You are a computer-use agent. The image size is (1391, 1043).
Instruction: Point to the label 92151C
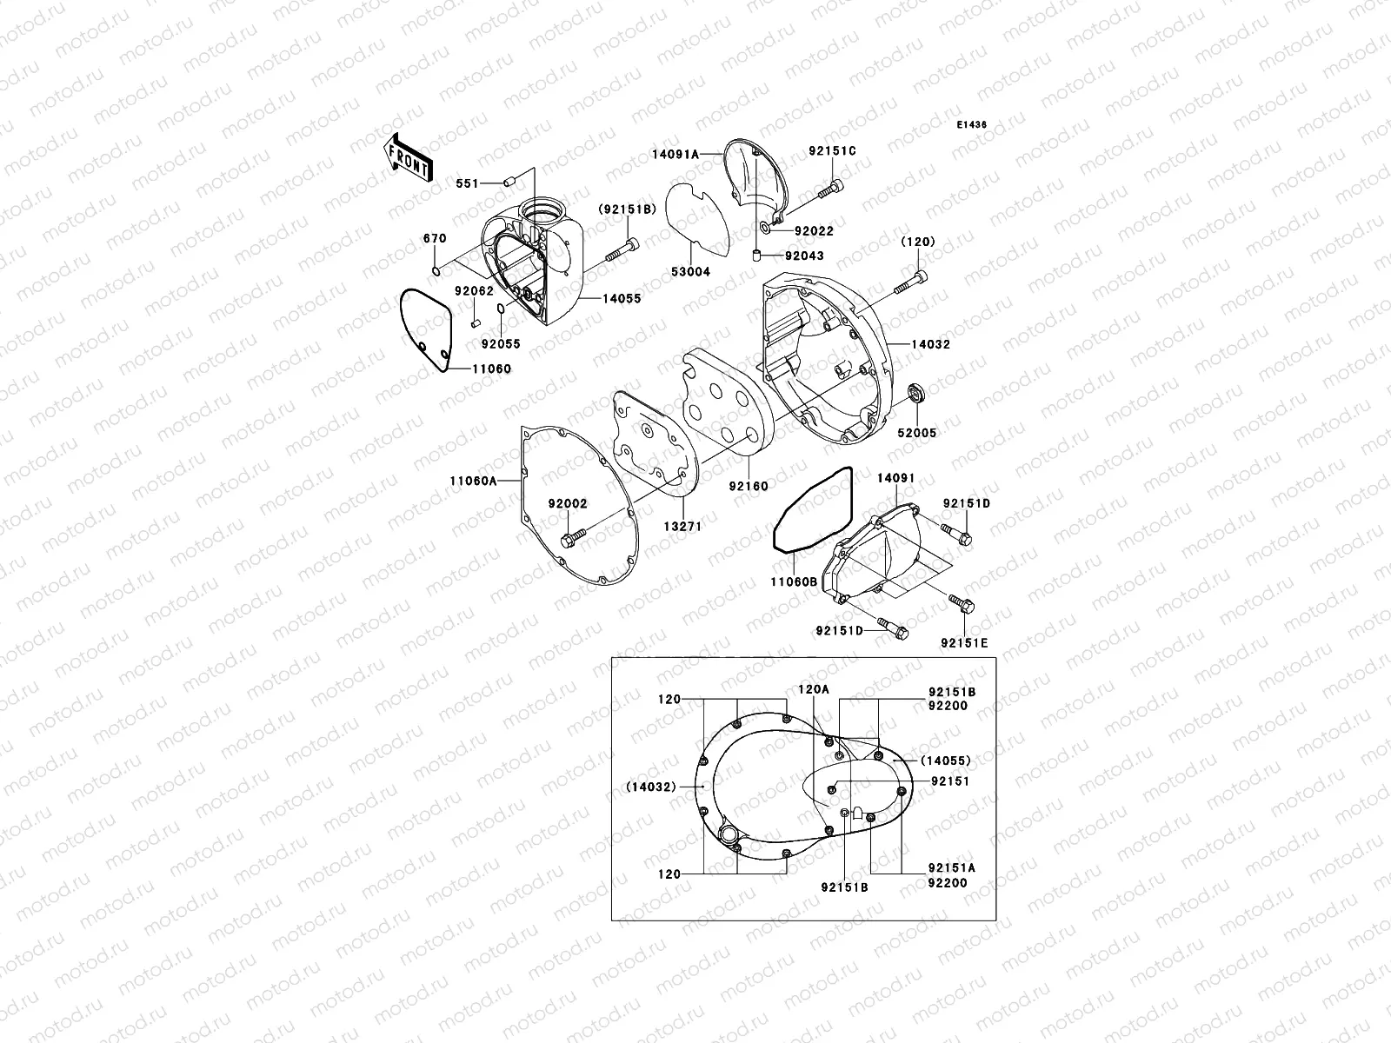[832, 151]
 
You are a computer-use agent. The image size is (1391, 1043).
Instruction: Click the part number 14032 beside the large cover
[930, 344]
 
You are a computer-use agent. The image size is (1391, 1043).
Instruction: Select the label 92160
[749, 487]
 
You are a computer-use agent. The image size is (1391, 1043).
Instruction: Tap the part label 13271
[682, 527]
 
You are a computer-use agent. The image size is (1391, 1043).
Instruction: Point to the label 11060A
[473, 480]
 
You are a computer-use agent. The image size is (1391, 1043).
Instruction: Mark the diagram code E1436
[972, 125]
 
